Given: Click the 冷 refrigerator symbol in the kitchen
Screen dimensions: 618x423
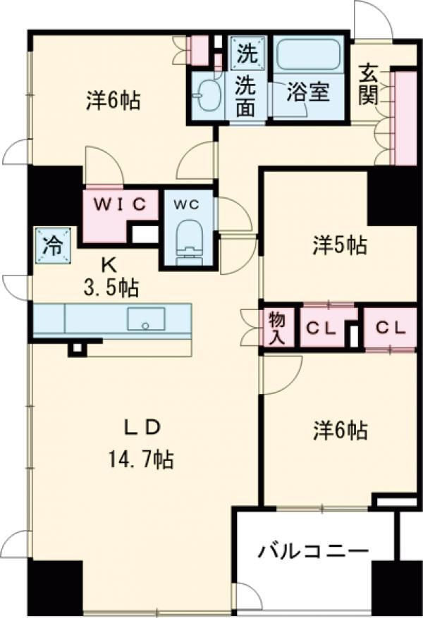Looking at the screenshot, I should coord(52,246).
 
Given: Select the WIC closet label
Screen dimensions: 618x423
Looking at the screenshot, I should coord(121,204).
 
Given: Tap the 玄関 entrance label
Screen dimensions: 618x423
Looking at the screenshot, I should coord(369,85).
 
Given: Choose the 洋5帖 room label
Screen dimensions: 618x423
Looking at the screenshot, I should coord(339,246).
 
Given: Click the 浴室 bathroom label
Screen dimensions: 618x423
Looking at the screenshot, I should coord(308,91).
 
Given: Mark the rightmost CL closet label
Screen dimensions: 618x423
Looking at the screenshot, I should coord(389,327).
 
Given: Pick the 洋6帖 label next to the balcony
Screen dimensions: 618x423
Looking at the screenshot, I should coord(341,430).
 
